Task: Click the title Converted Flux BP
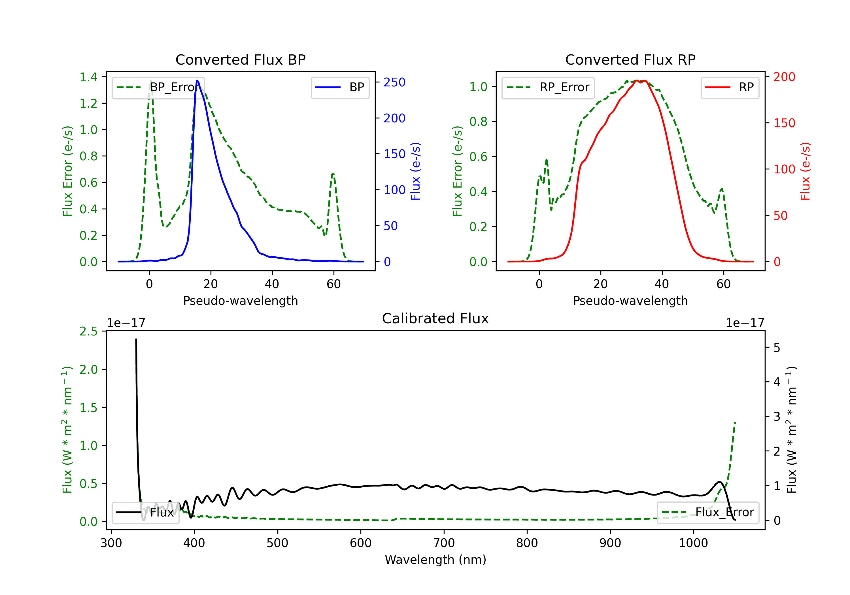tap(240, 59)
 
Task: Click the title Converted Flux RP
tap(630, 59)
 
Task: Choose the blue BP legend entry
tap(340, 87)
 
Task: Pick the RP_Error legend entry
tap(548, 87)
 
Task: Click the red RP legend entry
tap(730, 87)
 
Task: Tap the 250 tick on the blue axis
tap(394, 82)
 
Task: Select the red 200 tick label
tap(784, 77)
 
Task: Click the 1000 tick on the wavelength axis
tap(693, 543)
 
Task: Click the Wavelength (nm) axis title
tap(435, 560)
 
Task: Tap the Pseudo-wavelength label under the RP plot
tap(630, 301)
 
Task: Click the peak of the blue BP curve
tap(197, 80)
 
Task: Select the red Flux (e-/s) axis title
tap(805, 171)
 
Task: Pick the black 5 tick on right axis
tap(777, 348)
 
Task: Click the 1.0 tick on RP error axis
tap(478, 87)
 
